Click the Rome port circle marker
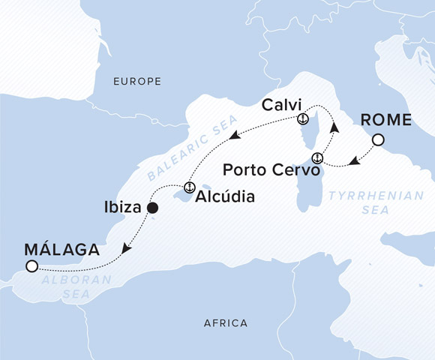coord(379,139)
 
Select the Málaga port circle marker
coord(31,266)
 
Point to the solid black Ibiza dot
coord(152,208)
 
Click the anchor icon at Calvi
coord(302,119)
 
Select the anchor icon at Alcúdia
coord(189,187)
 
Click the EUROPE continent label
coord(137,80)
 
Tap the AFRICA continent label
coord(226,323)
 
